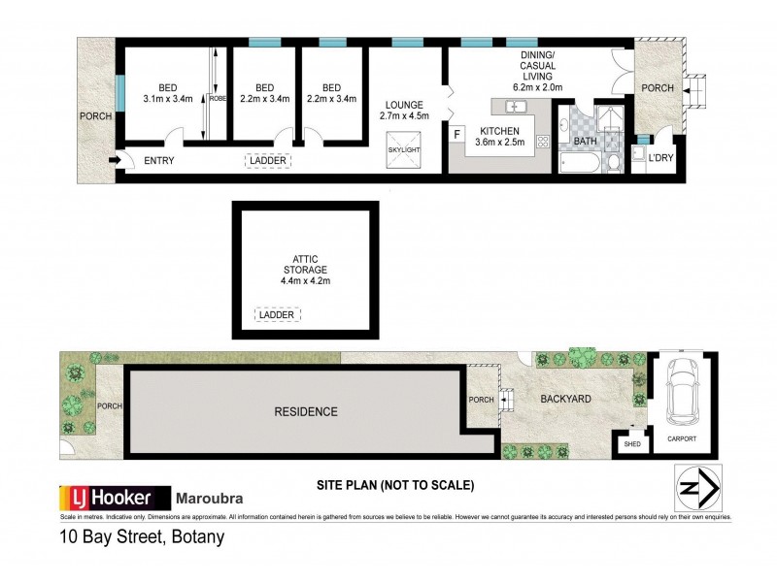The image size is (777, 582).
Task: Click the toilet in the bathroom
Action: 611,163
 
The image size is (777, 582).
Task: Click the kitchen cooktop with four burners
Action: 542,141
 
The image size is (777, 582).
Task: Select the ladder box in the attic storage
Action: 277,314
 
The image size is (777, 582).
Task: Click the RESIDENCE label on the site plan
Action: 305,411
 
